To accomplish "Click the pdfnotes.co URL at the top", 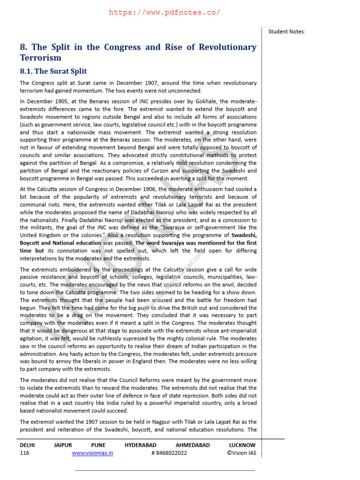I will click(164, 13).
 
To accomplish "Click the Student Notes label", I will click(286, 31).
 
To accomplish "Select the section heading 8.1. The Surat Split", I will click(53, 71).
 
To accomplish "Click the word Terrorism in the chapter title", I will click(41, 58).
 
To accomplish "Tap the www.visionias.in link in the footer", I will click(92, 453).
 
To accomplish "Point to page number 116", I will click(24, 453).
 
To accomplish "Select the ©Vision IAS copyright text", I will click(241, 453).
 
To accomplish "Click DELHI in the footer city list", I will click(27, 445).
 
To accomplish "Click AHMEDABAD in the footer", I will click(193, 445).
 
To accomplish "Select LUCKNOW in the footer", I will click(242, 445).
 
